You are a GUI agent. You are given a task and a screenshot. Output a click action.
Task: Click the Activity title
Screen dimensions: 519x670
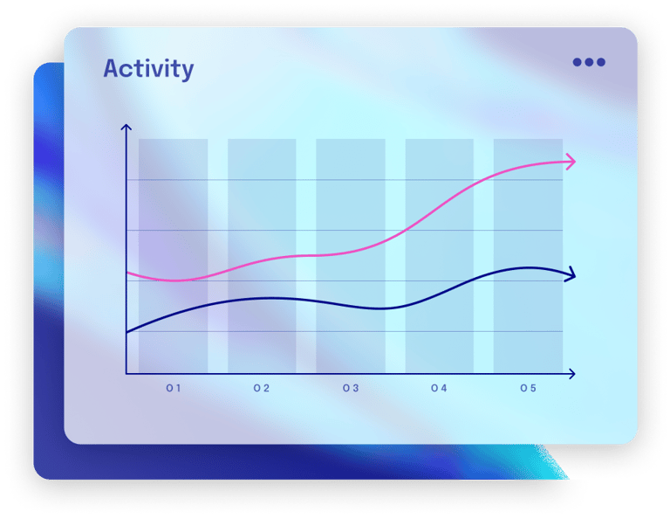point(148,69)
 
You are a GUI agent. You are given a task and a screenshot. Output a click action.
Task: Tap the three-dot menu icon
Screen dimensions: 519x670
point(589,62)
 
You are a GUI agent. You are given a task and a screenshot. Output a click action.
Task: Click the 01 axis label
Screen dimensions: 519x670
point(174,388)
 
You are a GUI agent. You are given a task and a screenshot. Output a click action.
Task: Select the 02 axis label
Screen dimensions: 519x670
point(262,388)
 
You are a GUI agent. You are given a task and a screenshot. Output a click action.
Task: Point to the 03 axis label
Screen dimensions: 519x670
point(351,388)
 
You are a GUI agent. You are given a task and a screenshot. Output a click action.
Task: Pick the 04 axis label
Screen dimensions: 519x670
point(439,388)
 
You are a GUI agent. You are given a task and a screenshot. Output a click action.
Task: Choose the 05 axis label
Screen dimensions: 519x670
point(528,388)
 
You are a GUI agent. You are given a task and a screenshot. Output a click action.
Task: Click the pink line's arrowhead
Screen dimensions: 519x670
point(571,161)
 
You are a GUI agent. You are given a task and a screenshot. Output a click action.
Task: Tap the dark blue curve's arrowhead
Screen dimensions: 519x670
point(571,275)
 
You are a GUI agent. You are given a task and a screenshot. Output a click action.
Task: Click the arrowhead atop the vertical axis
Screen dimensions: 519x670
point(126,129)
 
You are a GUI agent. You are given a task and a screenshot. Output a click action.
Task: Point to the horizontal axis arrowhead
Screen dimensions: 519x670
point(571,374)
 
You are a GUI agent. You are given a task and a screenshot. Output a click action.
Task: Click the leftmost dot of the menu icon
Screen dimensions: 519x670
point(578,62)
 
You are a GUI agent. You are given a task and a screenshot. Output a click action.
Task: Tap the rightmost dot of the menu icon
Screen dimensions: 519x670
point(600,62)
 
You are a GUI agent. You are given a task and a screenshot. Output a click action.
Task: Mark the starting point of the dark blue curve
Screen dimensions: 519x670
point(127,332)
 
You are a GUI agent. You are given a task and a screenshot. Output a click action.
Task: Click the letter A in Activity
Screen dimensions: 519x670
point(112,69)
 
